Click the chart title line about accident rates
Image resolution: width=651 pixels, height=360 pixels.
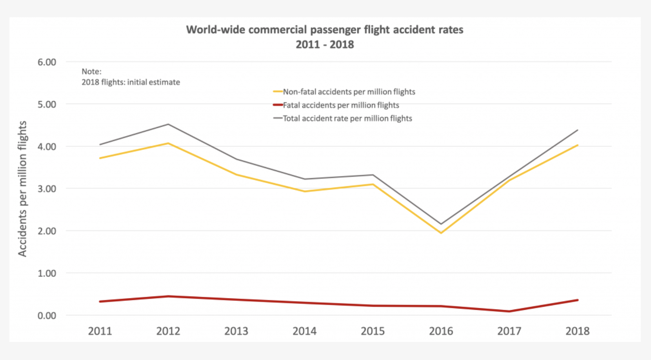[x=324, y=30]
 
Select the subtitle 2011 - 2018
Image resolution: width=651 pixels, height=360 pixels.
[x=324, y=44]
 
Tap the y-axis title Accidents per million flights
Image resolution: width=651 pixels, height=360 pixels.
[x=22, y=189]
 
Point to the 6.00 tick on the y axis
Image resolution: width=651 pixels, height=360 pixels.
[x=47, y=62]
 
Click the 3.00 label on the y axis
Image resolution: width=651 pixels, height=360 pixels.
[x=47, y=189]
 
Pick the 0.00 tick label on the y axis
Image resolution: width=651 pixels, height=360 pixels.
[x=47, y=315]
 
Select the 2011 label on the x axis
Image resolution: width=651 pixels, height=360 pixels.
[x=100, y=331]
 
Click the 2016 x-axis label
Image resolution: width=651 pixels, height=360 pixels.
[x=441, y=331]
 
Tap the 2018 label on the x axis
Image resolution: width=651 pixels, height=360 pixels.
[x=577, y=331]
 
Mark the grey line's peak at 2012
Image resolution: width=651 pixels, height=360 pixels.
[x=168, y=124]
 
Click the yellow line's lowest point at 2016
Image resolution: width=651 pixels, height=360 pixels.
[x=441, y=233]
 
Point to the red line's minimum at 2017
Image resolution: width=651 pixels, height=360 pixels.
[x=509, y=311]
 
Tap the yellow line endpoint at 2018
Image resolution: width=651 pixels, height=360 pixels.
[x=577, y=145]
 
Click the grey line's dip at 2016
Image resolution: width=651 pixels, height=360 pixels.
[x=441, y=224]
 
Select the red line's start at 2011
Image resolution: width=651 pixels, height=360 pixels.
[x=100, y=302]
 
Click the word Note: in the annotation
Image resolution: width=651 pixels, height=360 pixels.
[x=91, y=71]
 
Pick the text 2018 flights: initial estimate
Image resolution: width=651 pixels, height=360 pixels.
[x=131, y=82]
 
